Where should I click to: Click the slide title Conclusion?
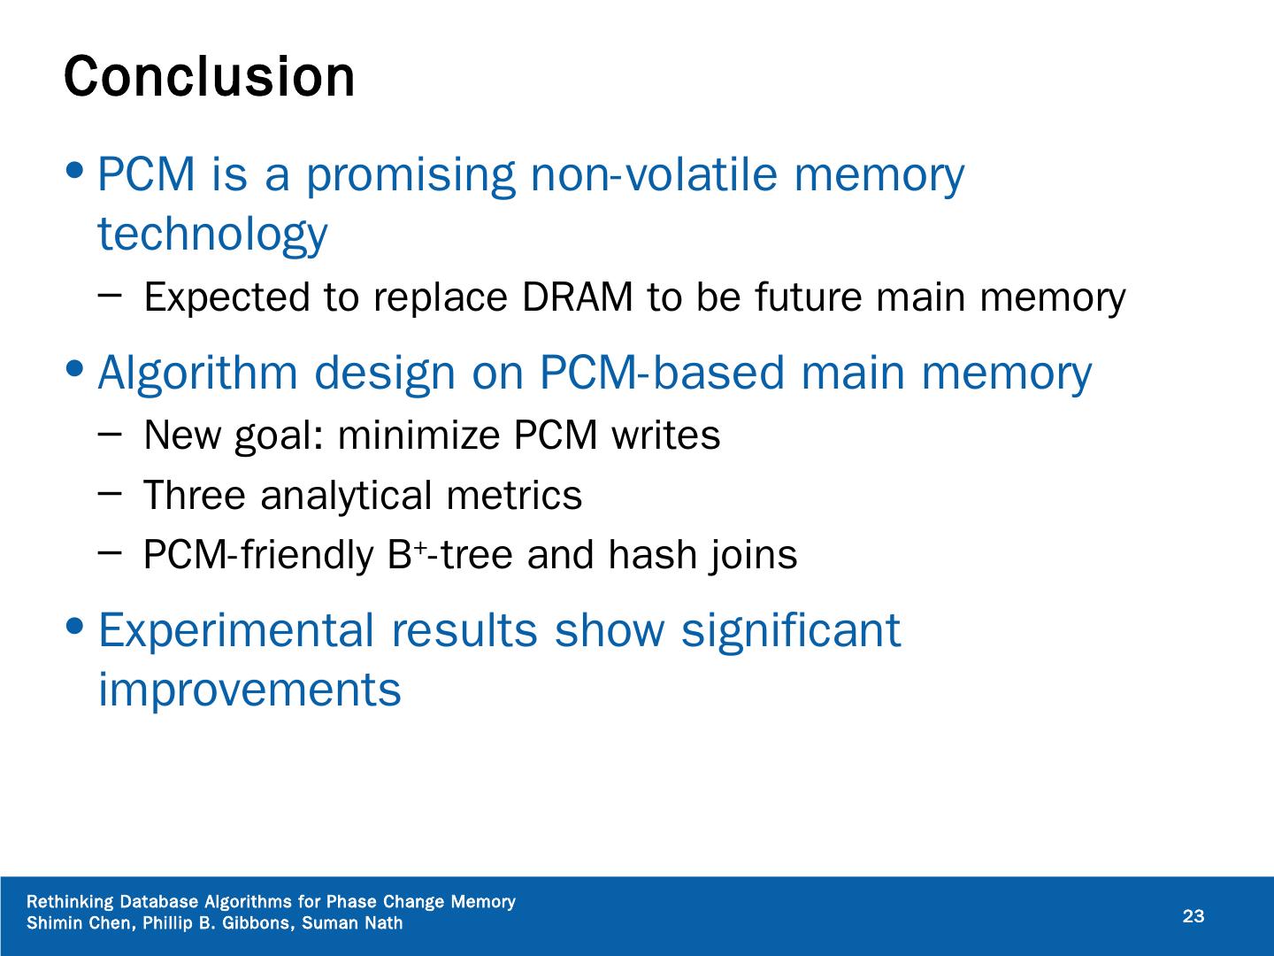[209, 77]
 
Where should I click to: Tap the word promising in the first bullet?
[410, 174]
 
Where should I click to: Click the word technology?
[212, 234]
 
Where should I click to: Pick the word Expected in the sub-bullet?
[226, 297]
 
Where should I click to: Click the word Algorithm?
[197, 373]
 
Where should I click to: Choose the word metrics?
[514, 495]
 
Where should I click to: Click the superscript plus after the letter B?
[422, 549]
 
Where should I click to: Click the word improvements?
[249, 690]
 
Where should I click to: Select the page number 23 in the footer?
[1193, 916]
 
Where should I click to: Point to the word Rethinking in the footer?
[71, 902]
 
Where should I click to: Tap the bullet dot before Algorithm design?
[77, 366]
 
